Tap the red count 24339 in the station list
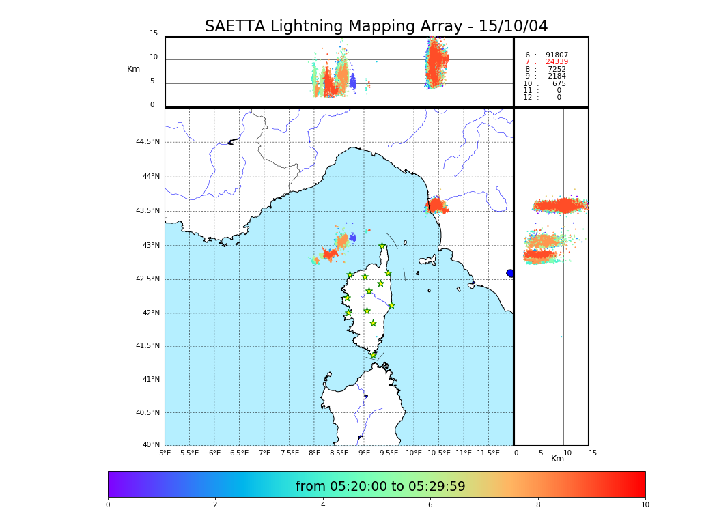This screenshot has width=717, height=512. coord(557,62)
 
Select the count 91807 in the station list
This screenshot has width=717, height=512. coord(557,55)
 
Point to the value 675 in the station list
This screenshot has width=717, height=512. coord(559,84)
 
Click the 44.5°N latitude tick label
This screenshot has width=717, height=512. coord(147,142)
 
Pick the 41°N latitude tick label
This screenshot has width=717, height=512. coord(150,380)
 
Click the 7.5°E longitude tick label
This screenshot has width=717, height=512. coord(290,453)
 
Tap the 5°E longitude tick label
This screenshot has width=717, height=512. coord(165,453)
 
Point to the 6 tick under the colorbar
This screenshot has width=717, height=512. coord(430,504)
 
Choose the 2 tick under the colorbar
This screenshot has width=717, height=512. coord(215,504)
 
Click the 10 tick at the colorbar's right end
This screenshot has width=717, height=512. coord(645,504)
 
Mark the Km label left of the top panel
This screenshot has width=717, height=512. coord(133,69)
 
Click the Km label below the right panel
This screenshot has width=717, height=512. coord(558,459)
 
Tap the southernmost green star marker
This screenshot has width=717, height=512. coord(373,355)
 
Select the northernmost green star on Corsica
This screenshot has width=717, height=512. coord(382,246)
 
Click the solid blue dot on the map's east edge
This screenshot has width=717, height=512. coord(510,273)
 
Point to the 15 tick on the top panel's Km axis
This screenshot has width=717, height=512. coord(154,33)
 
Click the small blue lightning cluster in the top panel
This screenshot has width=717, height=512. coord(352,82)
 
